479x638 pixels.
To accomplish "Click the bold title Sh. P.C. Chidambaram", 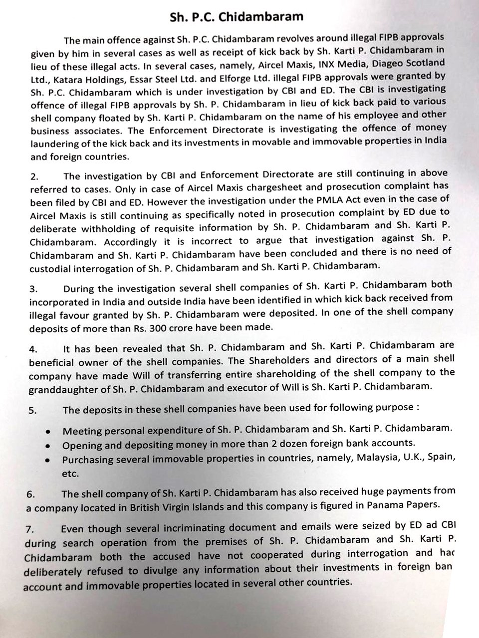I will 237,16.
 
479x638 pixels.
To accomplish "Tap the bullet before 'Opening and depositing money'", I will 47,445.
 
